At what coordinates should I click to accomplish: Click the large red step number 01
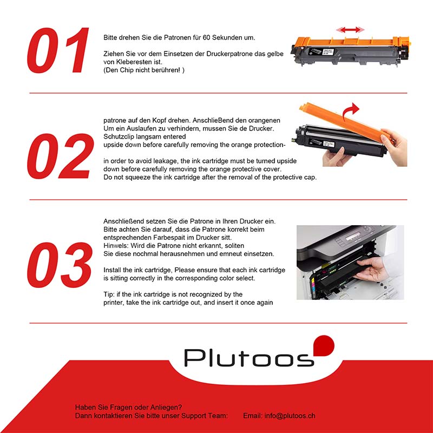click(x=58, y=50)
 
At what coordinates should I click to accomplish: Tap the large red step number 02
click(x=60, y=156)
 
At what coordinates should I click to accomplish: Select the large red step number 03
click(x=60, y=265)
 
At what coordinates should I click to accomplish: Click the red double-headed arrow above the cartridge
click(x=350, y=30)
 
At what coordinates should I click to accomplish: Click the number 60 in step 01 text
click(x=206, y=37)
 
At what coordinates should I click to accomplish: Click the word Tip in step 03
click(x=109, y=294)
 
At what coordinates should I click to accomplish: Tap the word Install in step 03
click(x=113, y=270)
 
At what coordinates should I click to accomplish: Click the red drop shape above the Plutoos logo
click(x=324, y=345)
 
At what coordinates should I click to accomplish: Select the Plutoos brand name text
click(x=249, y=358)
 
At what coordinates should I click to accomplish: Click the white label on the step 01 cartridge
click(x=328, y=51)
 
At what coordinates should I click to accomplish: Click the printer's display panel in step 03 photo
click(x=353, y=237)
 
